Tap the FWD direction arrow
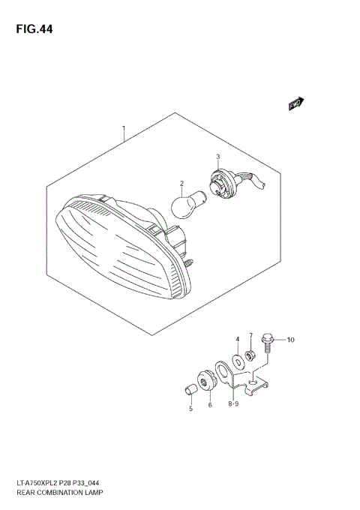295,104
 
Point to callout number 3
217,157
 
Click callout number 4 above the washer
237,340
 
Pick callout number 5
190,408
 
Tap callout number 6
210,406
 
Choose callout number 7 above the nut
252,335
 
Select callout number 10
290,340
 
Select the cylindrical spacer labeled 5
191,388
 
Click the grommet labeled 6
208,378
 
